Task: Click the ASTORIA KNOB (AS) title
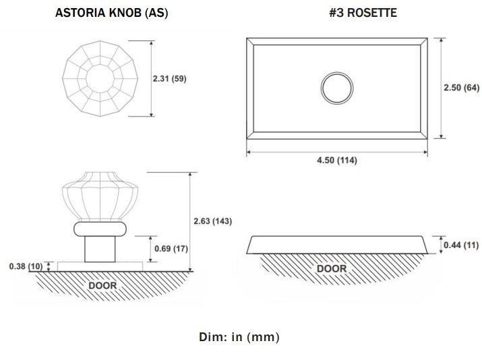112,13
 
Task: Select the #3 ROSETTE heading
363,13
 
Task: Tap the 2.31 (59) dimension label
170,79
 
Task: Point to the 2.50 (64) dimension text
461,88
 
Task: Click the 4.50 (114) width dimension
337,160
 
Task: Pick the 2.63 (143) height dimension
213,221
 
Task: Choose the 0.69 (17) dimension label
171,248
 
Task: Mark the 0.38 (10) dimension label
26,266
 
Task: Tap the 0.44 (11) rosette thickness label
461,245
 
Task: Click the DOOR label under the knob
102,286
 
